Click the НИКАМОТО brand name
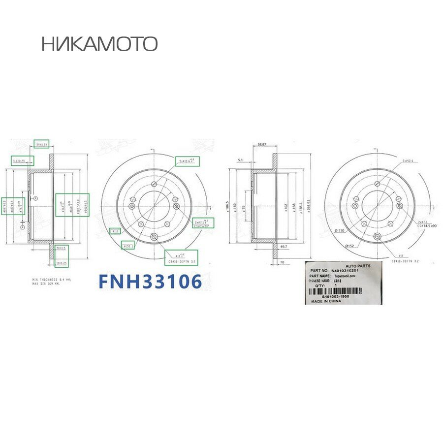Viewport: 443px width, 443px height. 99,44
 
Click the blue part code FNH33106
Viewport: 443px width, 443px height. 150,281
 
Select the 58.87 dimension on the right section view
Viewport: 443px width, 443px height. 262,145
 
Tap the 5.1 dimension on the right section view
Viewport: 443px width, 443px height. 240,160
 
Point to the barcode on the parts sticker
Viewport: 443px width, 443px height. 335,292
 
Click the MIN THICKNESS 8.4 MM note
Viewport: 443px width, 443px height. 51,279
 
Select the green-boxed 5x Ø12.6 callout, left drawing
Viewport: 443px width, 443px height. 187,161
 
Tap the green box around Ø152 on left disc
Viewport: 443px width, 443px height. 127,246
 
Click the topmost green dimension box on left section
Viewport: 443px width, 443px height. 41,144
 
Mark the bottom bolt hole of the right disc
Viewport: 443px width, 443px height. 377,237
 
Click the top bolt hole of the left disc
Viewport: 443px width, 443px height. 154,183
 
